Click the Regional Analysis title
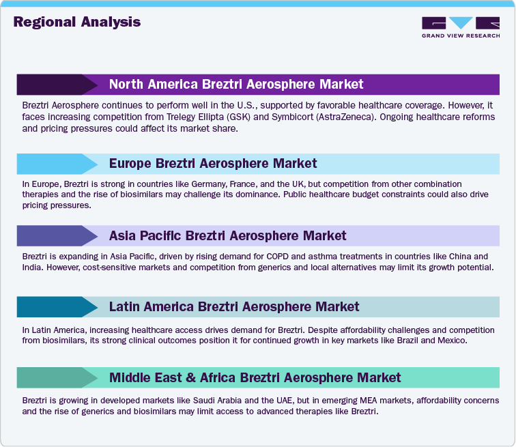tap(76, 22)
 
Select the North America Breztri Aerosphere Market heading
tap(236, 85)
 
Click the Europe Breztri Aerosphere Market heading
tap(213, 163)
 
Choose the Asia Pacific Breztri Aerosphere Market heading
tap(227, 235)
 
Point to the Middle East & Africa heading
tap(255, 377)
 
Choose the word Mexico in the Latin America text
tap(450, 339)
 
